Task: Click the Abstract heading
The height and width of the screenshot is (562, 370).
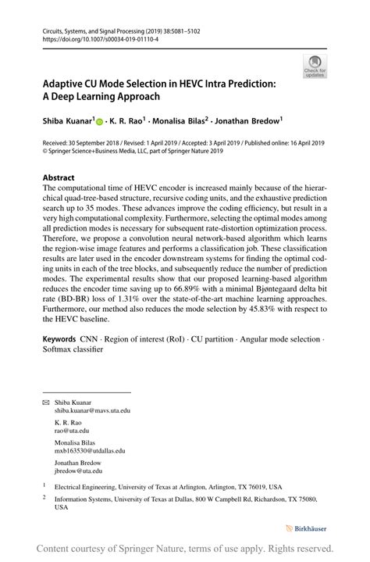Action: click(x=60, y=177)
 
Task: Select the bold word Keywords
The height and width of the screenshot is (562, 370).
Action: click(x=60, y=339)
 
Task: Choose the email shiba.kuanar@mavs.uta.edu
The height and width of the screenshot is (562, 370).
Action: click(x=92, y=410)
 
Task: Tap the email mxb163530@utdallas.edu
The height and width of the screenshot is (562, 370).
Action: click(x=90, y=451)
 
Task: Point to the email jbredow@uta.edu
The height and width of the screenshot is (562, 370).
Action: click(x=78, y=471)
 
